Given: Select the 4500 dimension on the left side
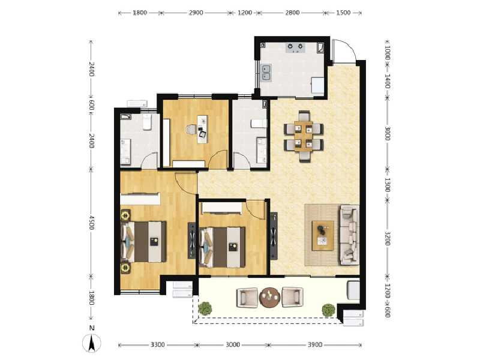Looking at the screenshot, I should coord(92,222).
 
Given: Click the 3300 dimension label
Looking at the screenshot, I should coord(157,345).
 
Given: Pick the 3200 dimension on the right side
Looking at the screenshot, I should coord(388,239).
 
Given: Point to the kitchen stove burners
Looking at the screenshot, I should coord(296,47).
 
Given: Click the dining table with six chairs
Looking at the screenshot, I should coord(304,136).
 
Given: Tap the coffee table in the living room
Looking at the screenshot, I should coord(323,235).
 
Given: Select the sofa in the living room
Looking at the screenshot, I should coord(349,235).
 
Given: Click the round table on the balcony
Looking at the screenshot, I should coord(270,296).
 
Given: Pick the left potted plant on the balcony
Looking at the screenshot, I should coord(205,308).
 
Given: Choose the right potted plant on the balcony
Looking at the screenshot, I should coord(328,310).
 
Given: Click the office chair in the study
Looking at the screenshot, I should coord(191,129).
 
